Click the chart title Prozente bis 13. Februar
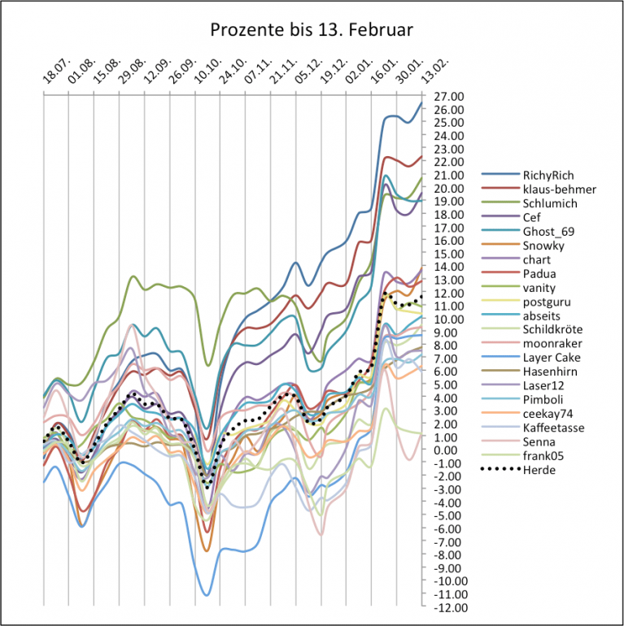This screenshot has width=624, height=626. pyautogui.click(x=312, y=30)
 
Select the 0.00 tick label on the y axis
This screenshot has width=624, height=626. pyautogui.click(x=443, y=450)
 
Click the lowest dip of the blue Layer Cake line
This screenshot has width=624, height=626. pyautogui.click(x=207, y=595)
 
